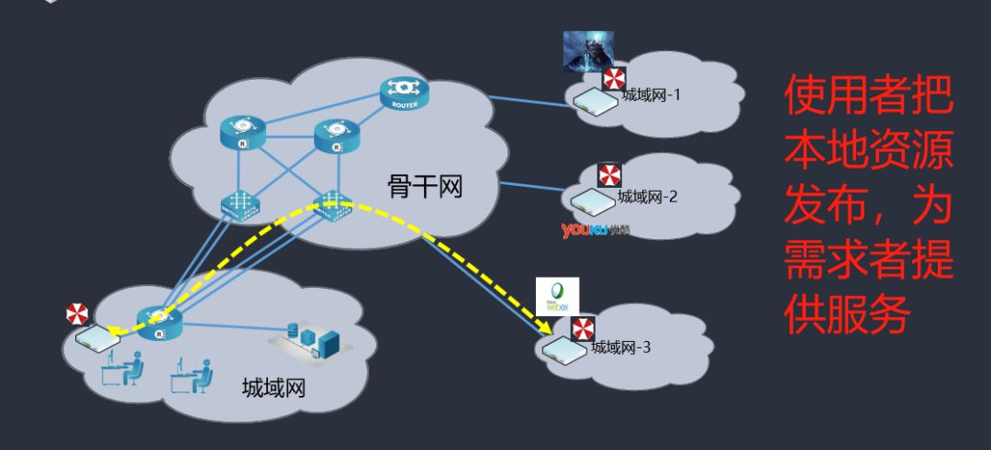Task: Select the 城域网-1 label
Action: tap(651, 95)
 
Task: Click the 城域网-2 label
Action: tap(647, 195)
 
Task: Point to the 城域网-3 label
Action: tap(621, 346)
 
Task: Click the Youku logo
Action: tap(595, 230)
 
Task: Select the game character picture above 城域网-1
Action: tap(587, 52)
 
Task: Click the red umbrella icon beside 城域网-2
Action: tap(609, 175)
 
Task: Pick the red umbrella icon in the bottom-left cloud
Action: tap(77, 314)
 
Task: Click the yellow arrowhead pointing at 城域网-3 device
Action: tap(553, 331)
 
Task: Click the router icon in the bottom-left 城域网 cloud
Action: tap(160, 320)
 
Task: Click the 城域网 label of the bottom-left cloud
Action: tap(273, 388)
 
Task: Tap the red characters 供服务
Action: tap(845, 316)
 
